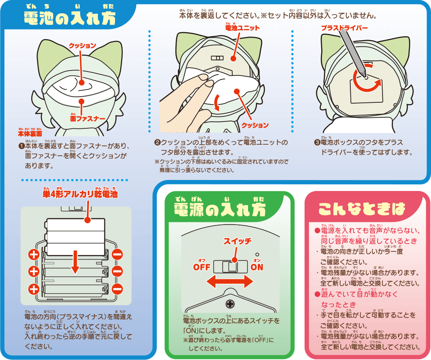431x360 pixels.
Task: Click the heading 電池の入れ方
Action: tap(69, 19)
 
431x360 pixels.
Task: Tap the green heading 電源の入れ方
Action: tap(220, 210)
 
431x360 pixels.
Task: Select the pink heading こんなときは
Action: tap(361, 209)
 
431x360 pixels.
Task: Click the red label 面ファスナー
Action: tap(88, 119)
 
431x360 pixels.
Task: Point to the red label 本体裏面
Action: tap(30, 134)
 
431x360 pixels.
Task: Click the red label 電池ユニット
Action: tap(242, 28)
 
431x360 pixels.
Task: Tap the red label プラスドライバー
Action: tap(345, 28)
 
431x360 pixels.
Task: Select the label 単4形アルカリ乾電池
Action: tap(80, 194)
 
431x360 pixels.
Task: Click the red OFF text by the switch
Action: tap(202, 267)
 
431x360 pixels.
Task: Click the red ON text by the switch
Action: tap(257, 267)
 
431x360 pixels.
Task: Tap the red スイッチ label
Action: tap(237, 241)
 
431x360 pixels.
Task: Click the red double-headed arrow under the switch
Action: tap(230, 282)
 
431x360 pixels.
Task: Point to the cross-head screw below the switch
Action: tap(230, 304)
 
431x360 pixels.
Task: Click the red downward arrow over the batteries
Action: tap(75, 262)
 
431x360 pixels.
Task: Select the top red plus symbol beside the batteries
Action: tap(34, 254)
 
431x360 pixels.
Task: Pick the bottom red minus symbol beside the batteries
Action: tap(117, 289)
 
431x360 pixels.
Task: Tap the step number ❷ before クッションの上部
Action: tap(157, 142)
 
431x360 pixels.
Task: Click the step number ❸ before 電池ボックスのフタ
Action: tap(317, 142)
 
